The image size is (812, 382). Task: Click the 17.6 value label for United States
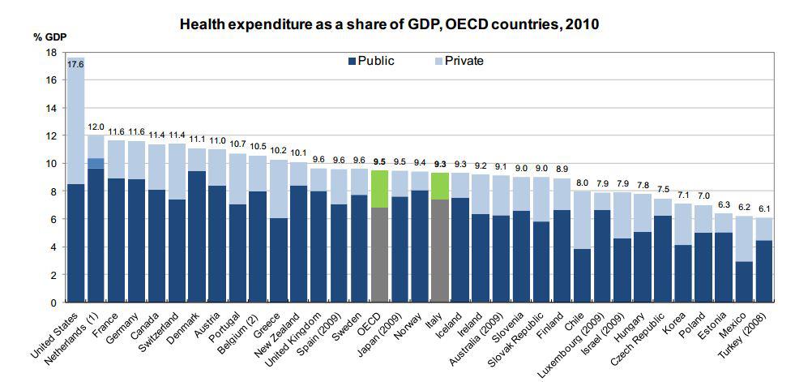(76, 63)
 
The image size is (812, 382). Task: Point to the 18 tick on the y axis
(51, 53)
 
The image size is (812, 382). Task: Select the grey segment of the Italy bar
(439, 251)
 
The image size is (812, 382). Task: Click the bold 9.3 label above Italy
(439, 164)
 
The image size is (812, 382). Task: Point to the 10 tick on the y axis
(51, 164)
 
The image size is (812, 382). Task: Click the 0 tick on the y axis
(53, 303)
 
